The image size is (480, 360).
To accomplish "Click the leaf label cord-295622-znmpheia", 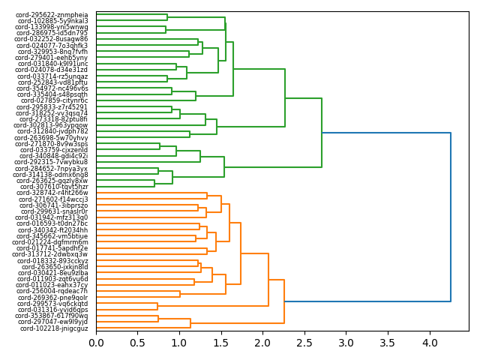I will [52, 14].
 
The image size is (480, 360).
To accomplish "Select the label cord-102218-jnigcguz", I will [54, 328].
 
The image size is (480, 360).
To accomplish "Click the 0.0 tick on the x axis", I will [96, 343].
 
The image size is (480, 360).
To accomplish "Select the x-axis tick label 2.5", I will [304, 343].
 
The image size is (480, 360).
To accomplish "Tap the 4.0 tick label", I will [429, 343].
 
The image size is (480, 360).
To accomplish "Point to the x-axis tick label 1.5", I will [221, 343].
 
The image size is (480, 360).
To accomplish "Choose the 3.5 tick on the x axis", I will [388, 343].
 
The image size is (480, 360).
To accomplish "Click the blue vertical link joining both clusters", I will [451, 217].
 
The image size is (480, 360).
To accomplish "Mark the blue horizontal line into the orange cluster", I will [367, 301].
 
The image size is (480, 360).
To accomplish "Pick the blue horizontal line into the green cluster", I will [386, 133].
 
